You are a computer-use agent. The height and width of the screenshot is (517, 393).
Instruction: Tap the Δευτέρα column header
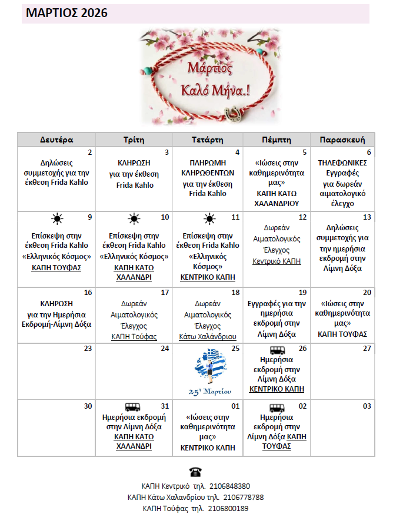(56, 140)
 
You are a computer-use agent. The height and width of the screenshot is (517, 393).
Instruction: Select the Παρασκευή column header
(342, 140)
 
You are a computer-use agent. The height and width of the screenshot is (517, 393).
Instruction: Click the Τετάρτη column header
(208, 140)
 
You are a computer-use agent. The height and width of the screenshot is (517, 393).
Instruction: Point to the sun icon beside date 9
(56, 219)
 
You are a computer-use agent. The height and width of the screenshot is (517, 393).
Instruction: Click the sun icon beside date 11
(209, 219)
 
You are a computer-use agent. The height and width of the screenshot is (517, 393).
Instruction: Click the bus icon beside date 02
(277, 407)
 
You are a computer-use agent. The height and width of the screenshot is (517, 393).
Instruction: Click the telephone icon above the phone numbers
(195, 472)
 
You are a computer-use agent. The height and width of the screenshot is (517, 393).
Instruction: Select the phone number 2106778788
(242, 498)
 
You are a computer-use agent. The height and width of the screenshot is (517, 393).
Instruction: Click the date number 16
(88, 293)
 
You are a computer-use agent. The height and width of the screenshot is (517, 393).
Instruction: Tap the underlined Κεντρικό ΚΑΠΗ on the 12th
(277, 261)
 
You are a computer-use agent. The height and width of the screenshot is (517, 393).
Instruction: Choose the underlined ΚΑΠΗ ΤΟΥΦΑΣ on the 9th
(56, 267)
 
